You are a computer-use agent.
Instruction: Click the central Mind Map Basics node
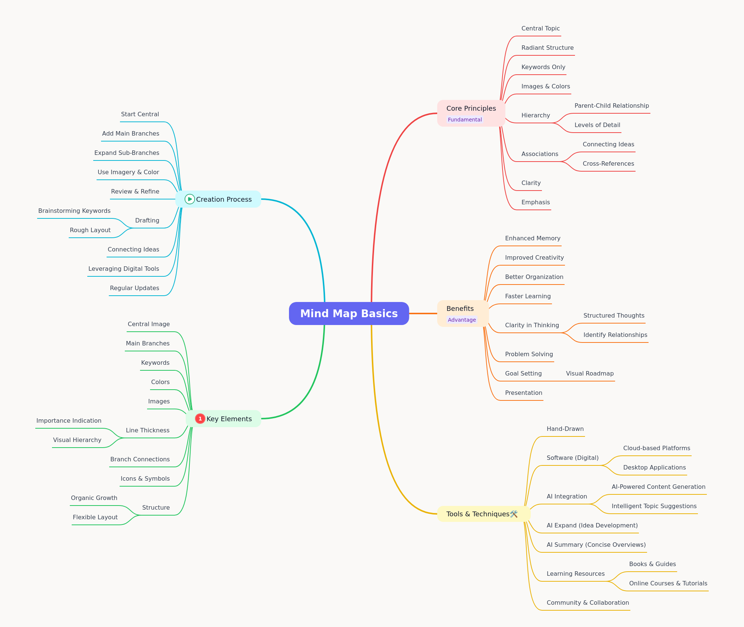click(349, 313)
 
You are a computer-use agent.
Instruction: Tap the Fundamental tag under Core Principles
click(465, 120)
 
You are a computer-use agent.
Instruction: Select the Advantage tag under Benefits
click(462, 320)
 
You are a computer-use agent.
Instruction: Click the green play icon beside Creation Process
click(190, 199)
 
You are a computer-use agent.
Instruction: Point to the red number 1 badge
click(200, 419)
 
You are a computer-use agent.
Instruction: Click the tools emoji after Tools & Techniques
click(514, 514)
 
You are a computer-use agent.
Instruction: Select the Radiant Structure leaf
click(548, 48)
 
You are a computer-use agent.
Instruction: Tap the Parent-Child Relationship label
click(612, 105)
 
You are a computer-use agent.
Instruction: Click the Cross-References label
click(608, 163)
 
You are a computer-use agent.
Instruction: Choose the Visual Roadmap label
click(590, 373)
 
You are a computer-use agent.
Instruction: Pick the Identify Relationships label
click(615, 335)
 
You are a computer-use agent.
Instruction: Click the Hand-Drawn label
click(565, 429)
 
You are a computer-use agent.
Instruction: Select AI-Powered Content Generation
click(659, 487)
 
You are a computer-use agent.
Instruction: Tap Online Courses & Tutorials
click(668, 583)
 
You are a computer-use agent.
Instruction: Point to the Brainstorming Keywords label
click(74, 211)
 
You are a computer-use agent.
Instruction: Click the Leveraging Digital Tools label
click(124, 269)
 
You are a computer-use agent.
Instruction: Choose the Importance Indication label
click(69, 420)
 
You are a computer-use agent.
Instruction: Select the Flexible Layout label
click(95, 517)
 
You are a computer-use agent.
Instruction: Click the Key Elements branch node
click(223, 419)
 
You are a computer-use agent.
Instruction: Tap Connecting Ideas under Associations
click(608, 144)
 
